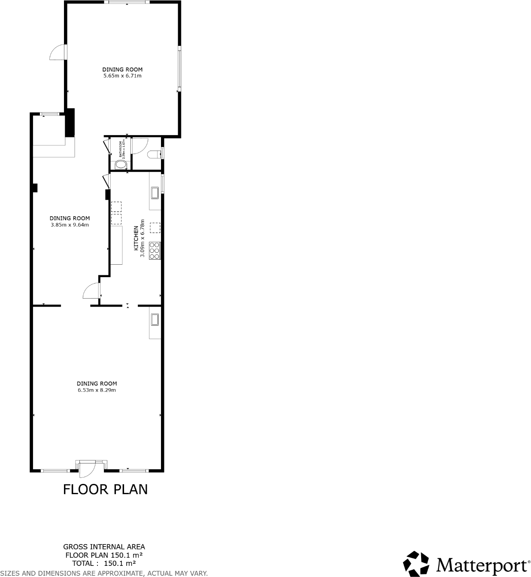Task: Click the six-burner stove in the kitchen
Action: (155, 251)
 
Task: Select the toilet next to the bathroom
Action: (154, 154)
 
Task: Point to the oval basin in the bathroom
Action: (121, 165)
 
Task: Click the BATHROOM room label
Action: (121, 148)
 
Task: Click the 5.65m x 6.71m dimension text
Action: (122, 76)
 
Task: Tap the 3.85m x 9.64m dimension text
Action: (70, 225)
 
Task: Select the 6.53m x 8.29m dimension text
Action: (97, 390)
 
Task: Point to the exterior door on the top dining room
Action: (58, 52)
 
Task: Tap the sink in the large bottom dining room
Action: (155, 320)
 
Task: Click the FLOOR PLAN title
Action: (105, 489)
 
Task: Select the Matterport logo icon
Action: (416, 564)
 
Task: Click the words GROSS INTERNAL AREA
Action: (104, 547)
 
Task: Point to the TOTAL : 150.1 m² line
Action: (104, 563)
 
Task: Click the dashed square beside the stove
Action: (155, 227)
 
